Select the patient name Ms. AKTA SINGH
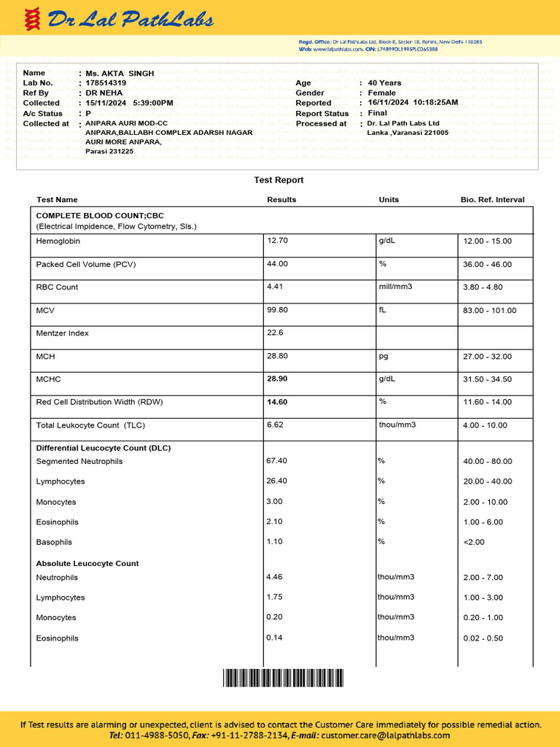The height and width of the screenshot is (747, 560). (120, 74)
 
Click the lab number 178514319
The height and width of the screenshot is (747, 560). (106, 83)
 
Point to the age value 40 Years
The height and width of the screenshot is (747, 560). (384, 83)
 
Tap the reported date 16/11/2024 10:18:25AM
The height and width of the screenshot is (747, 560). (413, 103)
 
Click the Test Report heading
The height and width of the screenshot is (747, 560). (279, 180)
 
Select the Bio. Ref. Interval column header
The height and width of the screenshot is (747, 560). (492, 200)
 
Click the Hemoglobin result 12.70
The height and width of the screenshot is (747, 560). (278, 241)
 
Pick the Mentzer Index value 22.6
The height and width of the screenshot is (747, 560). (275, 333)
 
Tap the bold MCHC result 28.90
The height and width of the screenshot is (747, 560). (278, 379)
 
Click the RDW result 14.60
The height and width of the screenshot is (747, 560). (278, 402)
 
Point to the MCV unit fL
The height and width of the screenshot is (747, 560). (383, 310)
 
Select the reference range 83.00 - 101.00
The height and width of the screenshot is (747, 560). (489, 311)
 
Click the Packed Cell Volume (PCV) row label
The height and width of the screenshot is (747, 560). (86, 264)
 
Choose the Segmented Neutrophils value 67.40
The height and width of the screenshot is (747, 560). (277, 461)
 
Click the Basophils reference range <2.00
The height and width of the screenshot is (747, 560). (473, 542)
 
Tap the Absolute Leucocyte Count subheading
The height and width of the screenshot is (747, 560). (87, 563)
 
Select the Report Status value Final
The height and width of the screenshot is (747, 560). (378, 113)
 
